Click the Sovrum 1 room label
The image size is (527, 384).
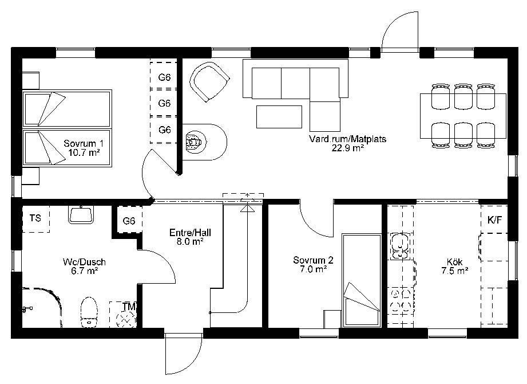tap(84, 148)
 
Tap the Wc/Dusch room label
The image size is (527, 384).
tap(84, 266)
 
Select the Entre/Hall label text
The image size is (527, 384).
tap(190, 237)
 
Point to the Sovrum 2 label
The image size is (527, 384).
tap(313, 264)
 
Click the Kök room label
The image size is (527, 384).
tap(455, 266)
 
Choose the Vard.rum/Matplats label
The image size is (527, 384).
tap(347, 143)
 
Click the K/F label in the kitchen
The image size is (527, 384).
tap(494, 220)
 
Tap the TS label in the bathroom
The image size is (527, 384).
tap(35, 218)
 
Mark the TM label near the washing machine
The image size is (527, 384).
tap(129, 307)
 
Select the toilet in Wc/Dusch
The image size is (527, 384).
tap(89, 312)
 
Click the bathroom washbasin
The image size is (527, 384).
tap(81, 215)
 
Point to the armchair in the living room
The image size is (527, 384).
tap(209, 82)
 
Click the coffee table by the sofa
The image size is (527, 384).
tap(279, 117)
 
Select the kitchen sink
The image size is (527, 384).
tap(399, 246)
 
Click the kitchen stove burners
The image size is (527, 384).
tap(401, 300)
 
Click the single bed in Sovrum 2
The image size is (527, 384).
tap(361, 280)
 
